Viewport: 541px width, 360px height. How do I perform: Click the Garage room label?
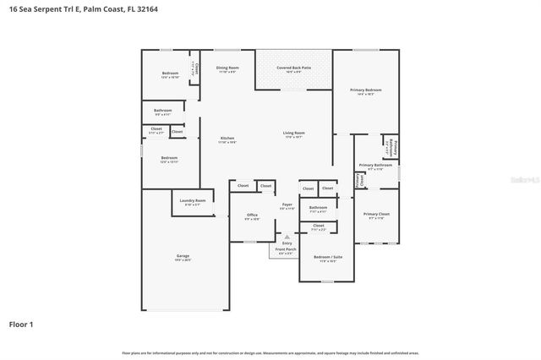tap(183, 257)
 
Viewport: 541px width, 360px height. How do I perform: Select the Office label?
tap(252, 215)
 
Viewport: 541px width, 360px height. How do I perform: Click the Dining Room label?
tap(227, 68)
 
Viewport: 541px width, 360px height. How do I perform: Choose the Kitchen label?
tap(227, 139)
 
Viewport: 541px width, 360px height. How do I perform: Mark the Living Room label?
tap(294, 133)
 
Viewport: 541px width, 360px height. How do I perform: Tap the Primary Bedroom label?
tap(366, 90)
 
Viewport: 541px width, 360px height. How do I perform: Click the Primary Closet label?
tap(376, 215)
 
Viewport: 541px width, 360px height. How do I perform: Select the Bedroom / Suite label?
tap(328, 257)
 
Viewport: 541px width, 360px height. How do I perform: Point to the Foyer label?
tap(287, 205)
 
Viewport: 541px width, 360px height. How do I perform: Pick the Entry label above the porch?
tap(287, 243)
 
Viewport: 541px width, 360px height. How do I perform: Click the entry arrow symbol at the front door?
tap(287, 236)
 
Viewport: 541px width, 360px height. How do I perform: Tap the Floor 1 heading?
tap(20, 324)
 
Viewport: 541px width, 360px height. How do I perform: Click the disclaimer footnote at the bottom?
tap(270, 352)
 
